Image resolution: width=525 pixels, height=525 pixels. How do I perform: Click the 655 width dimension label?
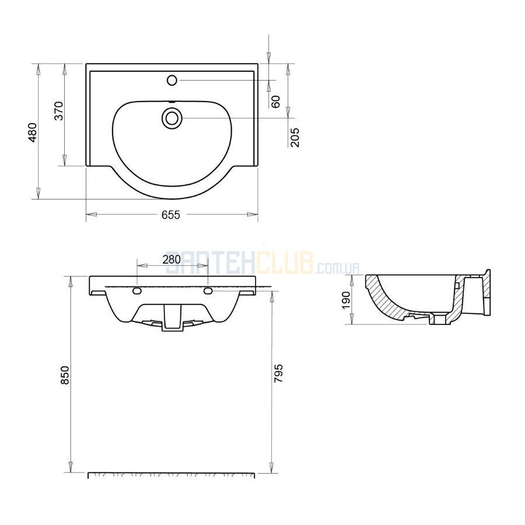171,215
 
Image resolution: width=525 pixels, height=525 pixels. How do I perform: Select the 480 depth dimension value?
33,132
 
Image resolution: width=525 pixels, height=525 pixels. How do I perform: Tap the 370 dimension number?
58,111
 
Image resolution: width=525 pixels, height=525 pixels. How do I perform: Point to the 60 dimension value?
275,101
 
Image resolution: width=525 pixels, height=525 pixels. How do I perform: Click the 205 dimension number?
295,138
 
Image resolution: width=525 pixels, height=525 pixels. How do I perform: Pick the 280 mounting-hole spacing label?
171,260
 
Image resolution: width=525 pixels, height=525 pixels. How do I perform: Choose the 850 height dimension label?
65,375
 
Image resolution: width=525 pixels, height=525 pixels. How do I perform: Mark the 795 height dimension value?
279,373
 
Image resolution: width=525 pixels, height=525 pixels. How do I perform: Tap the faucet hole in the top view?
171,80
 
